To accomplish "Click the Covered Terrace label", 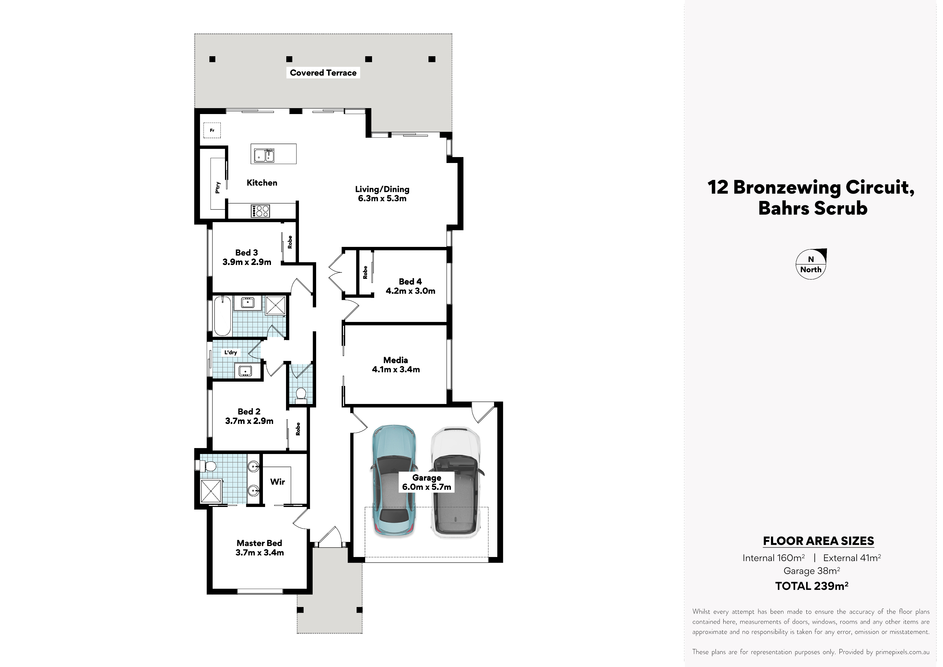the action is [323, 73].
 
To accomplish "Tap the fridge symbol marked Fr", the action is [212, 130].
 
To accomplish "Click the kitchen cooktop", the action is [260, 211].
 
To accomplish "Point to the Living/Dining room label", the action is [382, 189].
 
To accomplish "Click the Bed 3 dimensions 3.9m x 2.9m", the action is [247, 262].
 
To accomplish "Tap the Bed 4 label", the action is [410, 282].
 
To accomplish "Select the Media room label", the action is [395, 360].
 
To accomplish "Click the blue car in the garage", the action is [394, 481].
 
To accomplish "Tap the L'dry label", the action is [230, 352].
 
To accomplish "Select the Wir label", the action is [278, 482].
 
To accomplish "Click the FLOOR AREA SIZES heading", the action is [818, 541].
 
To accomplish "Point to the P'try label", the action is [218, 187].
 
